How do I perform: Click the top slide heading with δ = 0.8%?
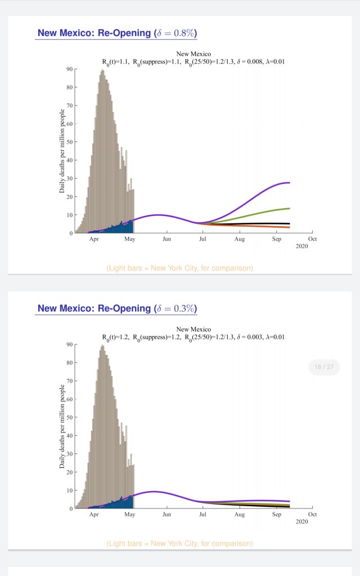[x=116, y=33]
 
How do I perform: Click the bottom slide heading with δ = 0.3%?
[x=116, y=308]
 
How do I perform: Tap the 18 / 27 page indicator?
[x=325, y=367]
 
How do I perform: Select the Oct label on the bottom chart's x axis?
[x=312, y=514]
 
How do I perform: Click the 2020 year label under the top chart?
[x=303, y=246]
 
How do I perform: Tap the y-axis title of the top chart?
[x=62, y=152]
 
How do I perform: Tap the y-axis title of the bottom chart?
[x=62, y=427]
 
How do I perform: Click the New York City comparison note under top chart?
[x=179, y=268]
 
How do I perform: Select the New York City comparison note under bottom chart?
[x=179, y=543]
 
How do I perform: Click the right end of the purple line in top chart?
[x=289, y=183]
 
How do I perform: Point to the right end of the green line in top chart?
[x=289, y=209]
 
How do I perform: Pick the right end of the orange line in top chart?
[x=289, y=227]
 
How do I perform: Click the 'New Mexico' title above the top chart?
[x=193, y=54]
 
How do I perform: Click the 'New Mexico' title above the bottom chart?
[x=193, y=329]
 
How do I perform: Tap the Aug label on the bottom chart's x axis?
[x=240, y=514]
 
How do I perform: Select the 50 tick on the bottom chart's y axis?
[x=69, y=417]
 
